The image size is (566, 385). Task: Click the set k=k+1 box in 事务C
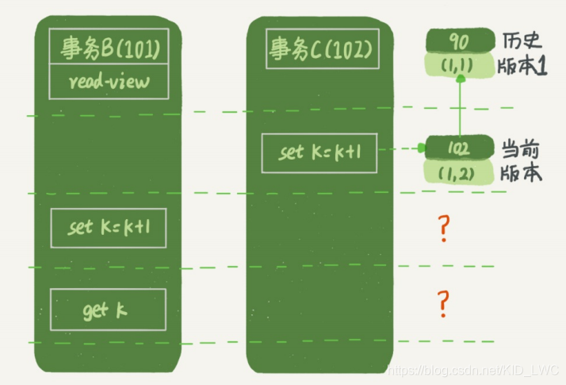(319, 152)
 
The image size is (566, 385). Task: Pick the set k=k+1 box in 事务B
(108, 227)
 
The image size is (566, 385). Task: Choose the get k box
(108, 310)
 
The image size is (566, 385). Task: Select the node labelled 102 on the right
(459, 148)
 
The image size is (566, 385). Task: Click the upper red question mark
(444, 229)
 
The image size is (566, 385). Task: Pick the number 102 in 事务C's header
(349, 51)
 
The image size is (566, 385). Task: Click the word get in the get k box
(95, 311)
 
